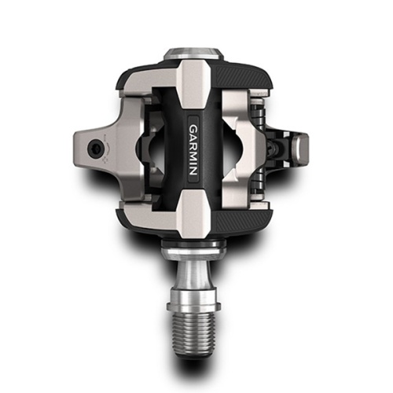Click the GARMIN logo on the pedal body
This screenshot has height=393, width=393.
click(193, 149)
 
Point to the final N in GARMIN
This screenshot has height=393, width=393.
click(193, 171)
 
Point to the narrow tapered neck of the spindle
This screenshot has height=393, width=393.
click(193, 274)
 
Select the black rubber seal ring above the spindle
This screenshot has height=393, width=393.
click(193, 243)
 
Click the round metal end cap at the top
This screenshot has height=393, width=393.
click(193, 54)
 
